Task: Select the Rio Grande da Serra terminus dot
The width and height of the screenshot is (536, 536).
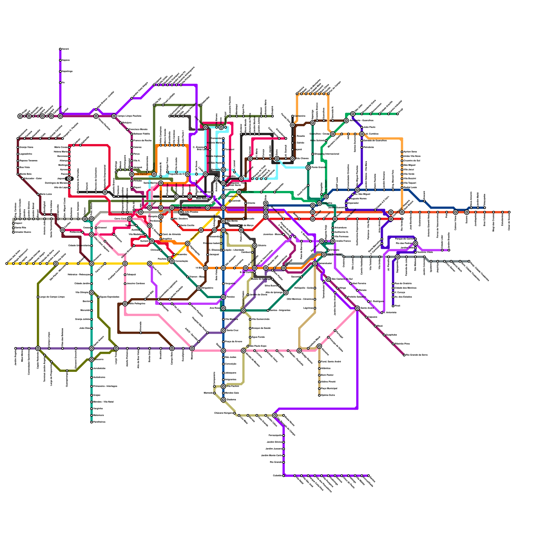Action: [x=404, y=355]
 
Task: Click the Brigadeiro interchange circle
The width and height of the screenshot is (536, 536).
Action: [x=199, y=288]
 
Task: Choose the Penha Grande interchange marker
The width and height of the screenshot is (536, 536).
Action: [x=308, y=167]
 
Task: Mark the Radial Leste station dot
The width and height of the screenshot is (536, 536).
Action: [x=402, y=188]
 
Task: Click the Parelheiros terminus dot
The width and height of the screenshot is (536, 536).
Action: [x=91, y=422]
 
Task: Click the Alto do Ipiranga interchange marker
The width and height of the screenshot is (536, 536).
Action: [x=286, y=292]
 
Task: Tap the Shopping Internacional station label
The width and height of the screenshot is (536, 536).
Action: [x=326, y=154]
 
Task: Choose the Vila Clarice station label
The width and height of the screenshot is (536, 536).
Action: [x=141, y=174]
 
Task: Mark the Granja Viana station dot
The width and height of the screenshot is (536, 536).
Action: [x=18, y=147]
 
